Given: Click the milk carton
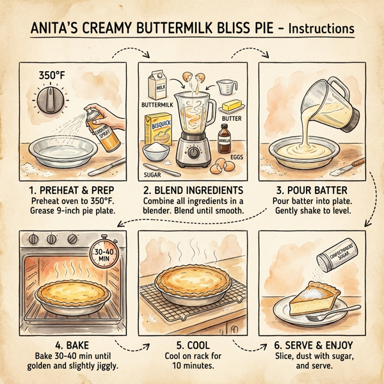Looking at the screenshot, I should [157, 84].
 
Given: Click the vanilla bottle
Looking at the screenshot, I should [225, 136].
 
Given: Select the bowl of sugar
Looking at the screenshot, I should [154, 151].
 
